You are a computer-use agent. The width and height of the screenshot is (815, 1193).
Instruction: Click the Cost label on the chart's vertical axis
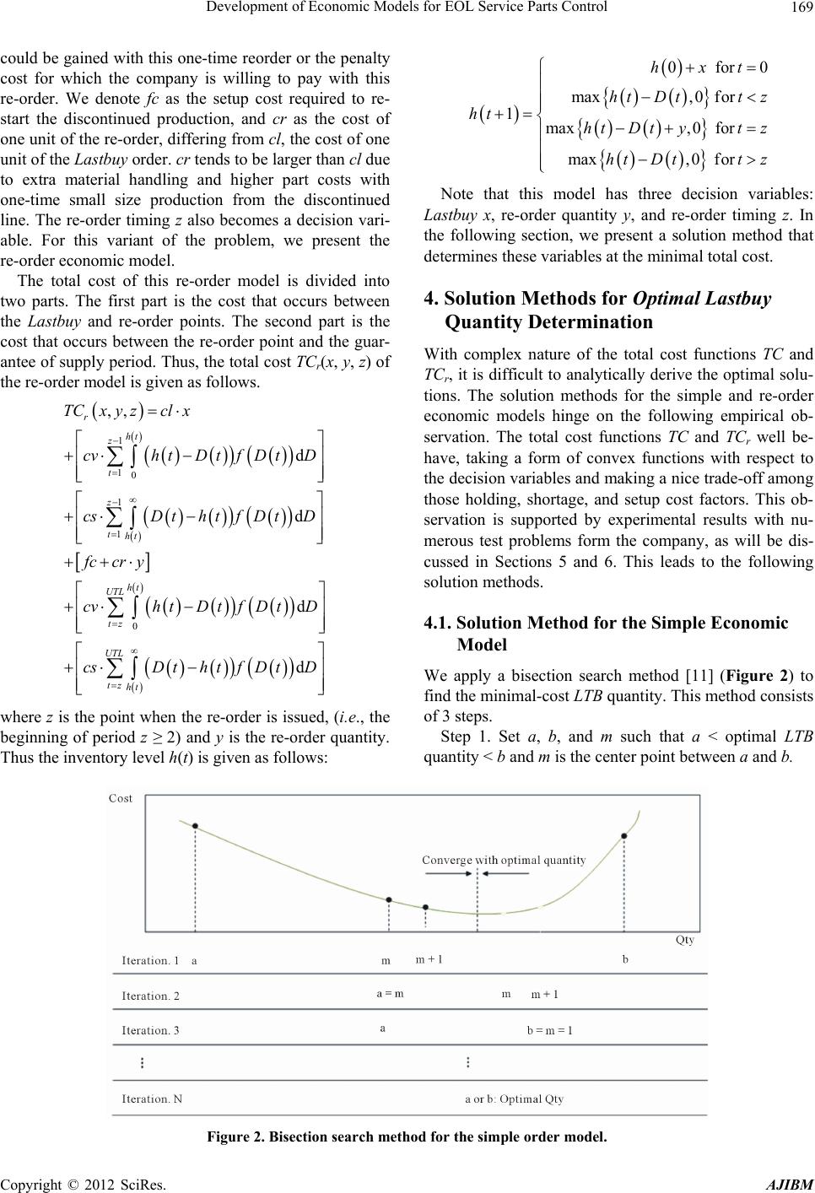(x=121, y=798)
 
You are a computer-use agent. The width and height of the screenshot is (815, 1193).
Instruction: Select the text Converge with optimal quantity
(x=504, y=860)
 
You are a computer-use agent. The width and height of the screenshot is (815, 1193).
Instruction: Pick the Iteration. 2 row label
(x=151, y=996)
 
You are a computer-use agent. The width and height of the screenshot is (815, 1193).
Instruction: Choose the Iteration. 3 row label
(x=151, y=1030)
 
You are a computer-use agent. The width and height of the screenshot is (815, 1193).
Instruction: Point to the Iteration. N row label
(x=152, y=1099)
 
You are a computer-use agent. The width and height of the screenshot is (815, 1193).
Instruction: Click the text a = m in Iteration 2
(x=390, y=993)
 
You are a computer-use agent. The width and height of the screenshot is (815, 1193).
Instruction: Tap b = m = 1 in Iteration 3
(x=549, y=1030)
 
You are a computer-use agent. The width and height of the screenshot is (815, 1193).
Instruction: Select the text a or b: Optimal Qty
(x=515, y=1099)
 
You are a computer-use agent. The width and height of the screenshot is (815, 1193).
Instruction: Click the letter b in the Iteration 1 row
(x=625, y=960)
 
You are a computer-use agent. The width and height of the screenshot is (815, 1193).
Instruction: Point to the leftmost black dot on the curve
(x=196, y=827)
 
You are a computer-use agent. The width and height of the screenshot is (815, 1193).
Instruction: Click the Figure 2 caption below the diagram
(x=407, y=1136)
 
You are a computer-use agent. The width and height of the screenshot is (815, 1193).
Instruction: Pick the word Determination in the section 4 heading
(x=548, y=321)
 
